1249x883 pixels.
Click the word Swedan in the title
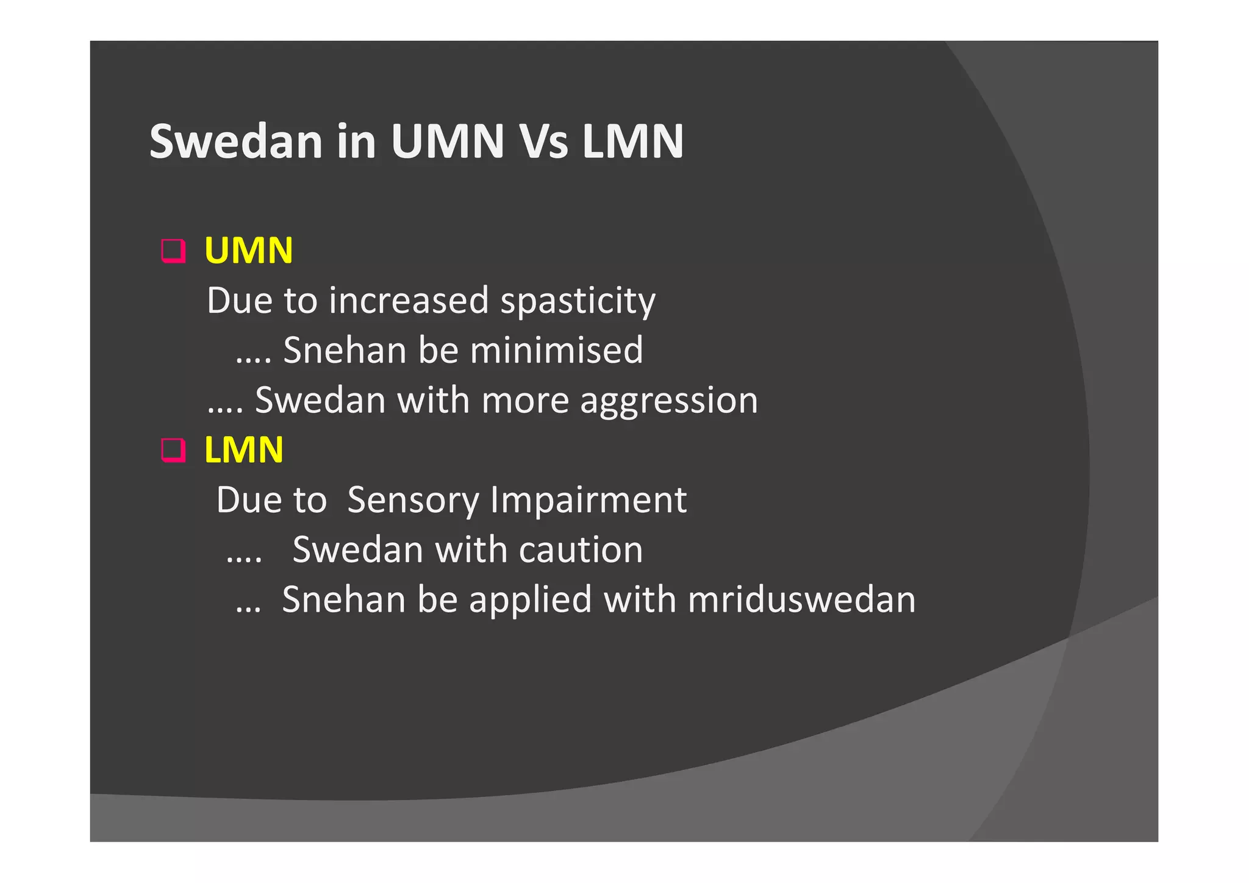(235, 141)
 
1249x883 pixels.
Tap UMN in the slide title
(448, 141)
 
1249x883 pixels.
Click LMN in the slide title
(632, 141)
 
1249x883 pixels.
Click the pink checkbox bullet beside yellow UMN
(173, 251)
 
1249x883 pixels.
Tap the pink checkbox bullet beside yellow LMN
(173, 450)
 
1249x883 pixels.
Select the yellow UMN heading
(249, 250)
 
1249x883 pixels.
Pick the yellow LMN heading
(244, 450)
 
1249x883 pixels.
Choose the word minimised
(556, 350)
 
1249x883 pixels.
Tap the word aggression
(668, 401)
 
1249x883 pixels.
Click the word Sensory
(413, 500)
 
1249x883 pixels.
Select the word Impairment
(589, 500)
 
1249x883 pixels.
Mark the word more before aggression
(524, 401)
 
